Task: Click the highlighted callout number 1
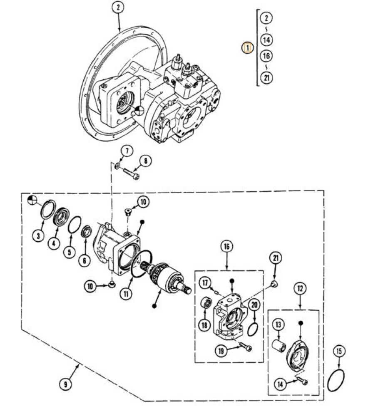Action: coord(247,48)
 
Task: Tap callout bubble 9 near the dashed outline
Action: coord(65,384)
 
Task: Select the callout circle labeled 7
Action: coord(127,151)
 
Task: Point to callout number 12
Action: coord(300,289)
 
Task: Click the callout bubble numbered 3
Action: coord(39,235)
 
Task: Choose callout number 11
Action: coord(126,294)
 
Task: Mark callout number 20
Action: coord(254,305)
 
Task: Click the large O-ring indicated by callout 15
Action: coord(336,380)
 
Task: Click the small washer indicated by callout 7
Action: coord(117,166)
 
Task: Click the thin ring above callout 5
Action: coord(75,225)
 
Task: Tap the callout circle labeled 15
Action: coord(339,352)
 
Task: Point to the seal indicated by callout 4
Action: coord(61,217)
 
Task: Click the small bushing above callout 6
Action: coord(86,232)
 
